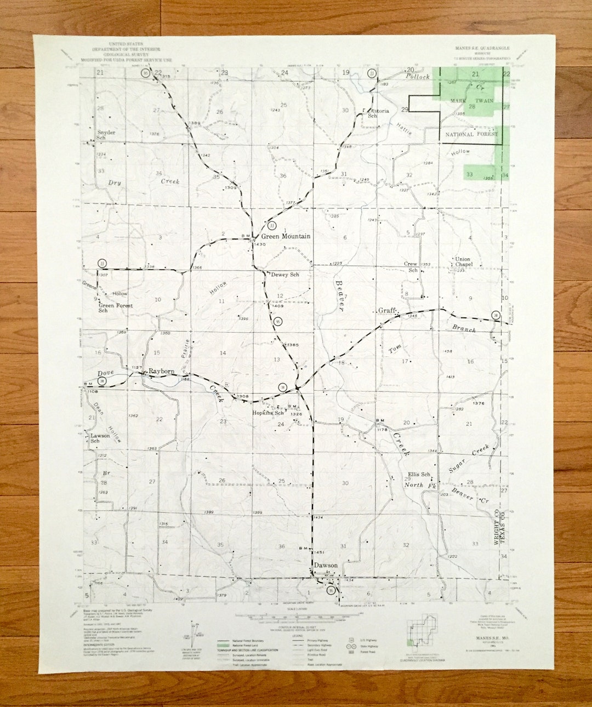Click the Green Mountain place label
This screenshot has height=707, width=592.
point(285,236)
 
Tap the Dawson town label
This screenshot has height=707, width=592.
point(325,565)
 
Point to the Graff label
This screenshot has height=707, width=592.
point(387,310)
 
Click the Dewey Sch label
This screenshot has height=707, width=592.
point(285,275)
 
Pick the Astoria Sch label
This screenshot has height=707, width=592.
point(378,113)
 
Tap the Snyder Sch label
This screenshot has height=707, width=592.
point(106,135)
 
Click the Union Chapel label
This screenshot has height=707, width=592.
point(463,261)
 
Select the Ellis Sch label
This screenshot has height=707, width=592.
point(419,475)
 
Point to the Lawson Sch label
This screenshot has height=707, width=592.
point(100,438)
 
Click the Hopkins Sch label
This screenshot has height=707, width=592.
point(267,413)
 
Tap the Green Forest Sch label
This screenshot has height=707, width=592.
point(114,307)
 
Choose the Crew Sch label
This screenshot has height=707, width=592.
point(411,267)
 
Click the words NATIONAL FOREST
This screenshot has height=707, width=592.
point(471,134)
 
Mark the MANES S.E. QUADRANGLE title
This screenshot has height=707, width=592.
point(482,49)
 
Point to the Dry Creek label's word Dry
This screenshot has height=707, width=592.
point(114,183)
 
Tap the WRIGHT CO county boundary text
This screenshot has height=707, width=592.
point(497,524)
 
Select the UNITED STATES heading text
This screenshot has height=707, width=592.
point(126,44)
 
